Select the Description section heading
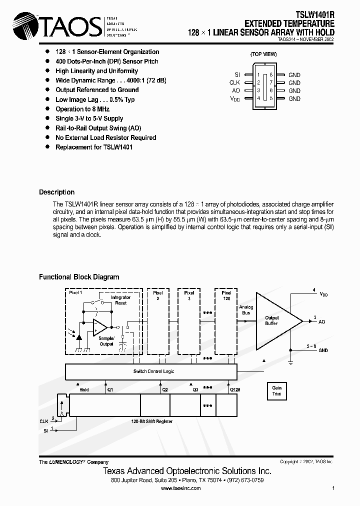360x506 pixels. [56, 192]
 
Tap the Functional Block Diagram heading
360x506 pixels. [79, 276]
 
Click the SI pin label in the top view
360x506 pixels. [237, 75]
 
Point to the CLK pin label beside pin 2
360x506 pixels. [235, 83]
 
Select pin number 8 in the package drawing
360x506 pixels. [270, 75]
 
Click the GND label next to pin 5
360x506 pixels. [294, 99]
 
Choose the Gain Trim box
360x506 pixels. [277, 390]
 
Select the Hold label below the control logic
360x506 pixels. [84, 389]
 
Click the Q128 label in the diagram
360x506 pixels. [234, 389]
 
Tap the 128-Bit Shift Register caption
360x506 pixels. [151, 421]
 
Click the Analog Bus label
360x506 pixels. [246, 310]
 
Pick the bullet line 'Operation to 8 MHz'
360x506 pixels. [82, 109]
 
